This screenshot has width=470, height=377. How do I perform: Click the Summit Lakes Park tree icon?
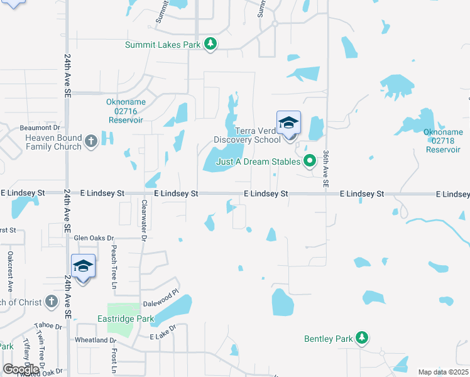(212, 44)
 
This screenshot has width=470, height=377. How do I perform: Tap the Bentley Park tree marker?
(361, 339)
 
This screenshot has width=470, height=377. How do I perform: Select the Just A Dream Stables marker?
(309, 161)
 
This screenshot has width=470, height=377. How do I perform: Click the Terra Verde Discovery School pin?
(288, 123)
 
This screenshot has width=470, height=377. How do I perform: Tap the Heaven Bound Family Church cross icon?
(90, 141)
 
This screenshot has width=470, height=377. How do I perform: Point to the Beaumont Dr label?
(39, 128)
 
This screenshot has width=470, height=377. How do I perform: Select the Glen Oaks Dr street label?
(94, 238)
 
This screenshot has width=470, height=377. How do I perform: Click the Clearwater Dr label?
(144, 221)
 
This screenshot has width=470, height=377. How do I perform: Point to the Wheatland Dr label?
(96, 340)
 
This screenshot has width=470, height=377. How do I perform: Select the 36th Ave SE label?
(326, 168)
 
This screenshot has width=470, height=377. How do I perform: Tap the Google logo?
(21, 369)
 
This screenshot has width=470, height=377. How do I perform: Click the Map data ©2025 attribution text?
(444, 372)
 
